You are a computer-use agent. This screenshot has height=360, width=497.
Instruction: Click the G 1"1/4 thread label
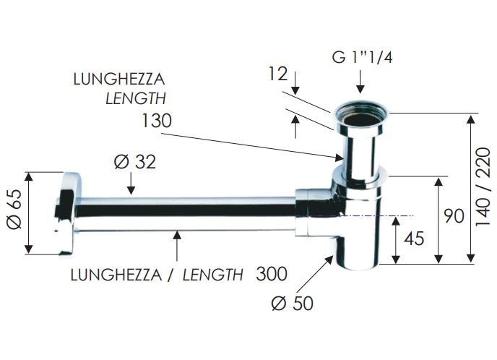[362, 57]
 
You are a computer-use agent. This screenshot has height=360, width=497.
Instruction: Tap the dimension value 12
[277, 74]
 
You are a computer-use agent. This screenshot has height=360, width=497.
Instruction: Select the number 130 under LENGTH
[156, 121]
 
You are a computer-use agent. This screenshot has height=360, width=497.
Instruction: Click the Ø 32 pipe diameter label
[135, 162]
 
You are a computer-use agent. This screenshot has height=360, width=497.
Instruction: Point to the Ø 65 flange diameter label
[14, 210]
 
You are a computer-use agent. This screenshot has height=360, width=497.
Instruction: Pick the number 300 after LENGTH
[272, 274]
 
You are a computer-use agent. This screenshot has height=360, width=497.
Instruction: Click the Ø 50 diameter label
[293, 303]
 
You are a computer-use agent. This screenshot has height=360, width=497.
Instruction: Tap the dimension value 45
[414, 239]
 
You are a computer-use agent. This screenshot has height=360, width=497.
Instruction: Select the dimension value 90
[454, 216]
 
